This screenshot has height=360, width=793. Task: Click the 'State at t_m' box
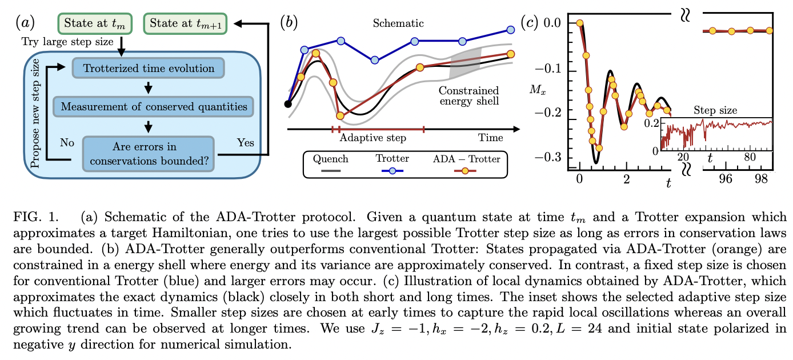point(94,24)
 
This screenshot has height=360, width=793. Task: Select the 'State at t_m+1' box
point(186,24)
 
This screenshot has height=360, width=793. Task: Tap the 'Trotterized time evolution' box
point(149,69)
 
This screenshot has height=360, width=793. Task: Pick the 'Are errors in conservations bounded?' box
point(149,153)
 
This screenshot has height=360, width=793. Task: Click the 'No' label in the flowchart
point(67,143)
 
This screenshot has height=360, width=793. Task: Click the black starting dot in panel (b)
point(289,104)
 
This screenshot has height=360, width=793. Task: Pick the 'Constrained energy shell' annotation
point(468,96)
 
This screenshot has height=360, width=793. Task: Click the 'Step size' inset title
point(715,110)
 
